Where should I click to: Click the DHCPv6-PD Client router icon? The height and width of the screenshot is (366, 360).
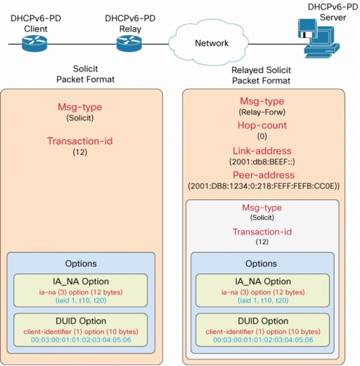34,44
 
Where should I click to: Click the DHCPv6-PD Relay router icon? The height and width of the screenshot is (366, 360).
129,44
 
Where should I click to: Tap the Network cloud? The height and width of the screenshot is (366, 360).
209,43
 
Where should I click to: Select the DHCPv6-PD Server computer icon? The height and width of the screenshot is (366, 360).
318,39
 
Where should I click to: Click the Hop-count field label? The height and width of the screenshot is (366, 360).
262,126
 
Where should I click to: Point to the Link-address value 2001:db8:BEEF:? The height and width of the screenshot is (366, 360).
262,162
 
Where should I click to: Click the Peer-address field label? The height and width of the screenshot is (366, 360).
264,175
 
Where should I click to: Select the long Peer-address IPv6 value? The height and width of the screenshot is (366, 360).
264,186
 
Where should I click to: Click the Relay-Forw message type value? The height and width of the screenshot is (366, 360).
262,113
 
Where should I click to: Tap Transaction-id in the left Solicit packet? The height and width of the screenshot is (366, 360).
80,141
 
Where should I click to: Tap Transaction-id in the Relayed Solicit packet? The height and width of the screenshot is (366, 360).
262,232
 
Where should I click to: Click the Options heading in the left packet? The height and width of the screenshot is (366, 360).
81,264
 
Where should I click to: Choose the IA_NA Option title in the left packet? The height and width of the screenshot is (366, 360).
81,281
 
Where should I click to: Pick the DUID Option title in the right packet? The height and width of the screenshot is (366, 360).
263,321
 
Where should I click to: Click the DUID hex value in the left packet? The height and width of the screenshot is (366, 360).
81,340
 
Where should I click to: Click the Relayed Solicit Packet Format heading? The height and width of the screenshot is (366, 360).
261,75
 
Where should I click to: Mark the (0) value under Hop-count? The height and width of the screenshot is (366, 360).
262,137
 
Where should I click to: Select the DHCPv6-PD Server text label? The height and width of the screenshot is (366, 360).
333,12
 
